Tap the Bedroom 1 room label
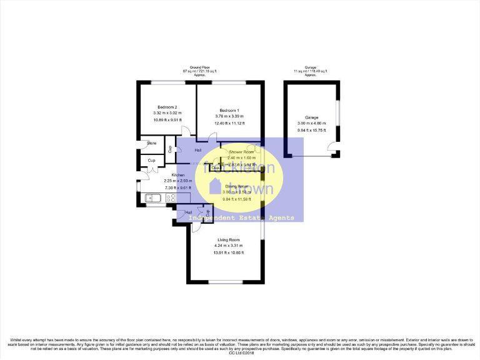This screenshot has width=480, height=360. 229,111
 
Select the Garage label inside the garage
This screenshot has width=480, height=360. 311,117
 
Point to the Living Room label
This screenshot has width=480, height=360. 229,240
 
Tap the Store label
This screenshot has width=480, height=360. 151,144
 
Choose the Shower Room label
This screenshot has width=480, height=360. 241,152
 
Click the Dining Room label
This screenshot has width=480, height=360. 237,186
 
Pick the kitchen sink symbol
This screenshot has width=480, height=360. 152,198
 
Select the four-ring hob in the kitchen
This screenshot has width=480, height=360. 170,198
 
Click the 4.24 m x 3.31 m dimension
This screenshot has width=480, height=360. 229,246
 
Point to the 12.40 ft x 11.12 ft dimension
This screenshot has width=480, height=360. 229,124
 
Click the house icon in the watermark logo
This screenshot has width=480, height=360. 214,186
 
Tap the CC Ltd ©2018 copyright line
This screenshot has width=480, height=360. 240,353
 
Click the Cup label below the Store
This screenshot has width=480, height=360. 151,161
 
